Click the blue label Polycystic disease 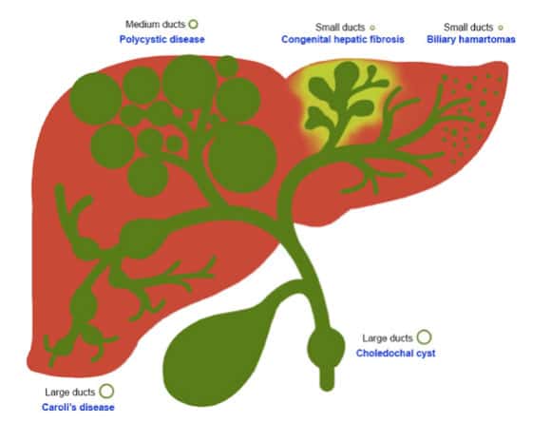(162, 39)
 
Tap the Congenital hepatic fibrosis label (343, 39)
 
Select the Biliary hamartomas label (471, 39)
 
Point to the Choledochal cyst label (396, 353)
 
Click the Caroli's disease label (78, 407)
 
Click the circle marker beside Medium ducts (193, 25)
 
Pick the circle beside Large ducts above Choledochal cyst (424, 336)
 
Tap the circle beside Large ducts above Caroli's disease (106, 391)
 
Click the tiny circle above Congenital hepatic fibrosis (372, 28)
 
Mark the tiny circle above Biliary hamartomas (501, 28)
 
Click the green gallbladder (215, 356)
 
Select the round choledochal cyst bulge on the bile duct (326, 348)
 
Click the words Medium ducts (155, 25)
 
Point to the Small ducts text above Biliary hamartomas (468, 28)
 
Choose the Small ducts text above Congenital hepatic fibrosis (340, 28)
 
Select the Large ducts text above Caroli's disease (70, 392)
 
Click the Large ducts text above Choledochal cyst (388, 338)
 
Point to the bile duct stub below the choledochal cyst (327, 379)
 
